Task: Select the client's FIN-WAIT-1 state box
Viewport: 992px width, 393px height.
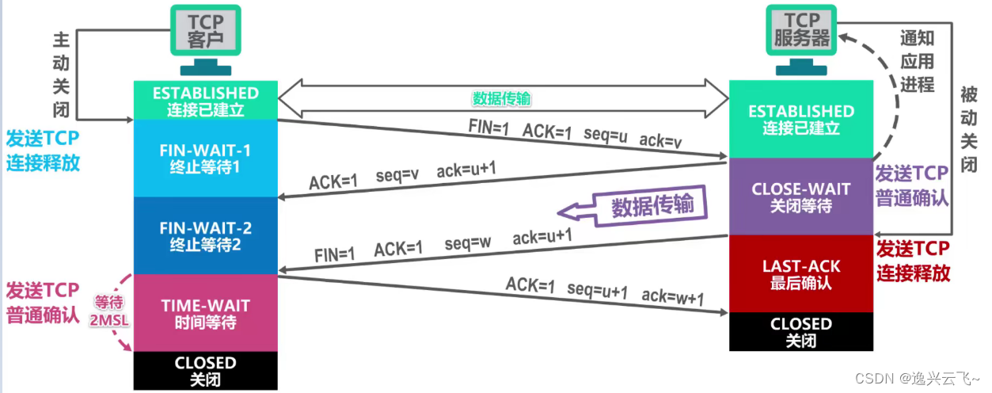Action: tap(205, 158)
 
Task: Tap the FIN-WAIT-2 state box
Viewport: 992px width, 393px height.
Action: tap(205, 235)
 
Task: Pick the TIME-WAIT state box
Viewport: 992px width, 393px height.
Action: tap(205, 313)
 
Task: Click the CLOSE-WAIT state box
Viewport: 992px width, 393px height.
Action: tap(800, 196)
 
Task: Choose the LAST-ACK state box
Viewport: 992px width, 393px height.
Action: tap(800, 273)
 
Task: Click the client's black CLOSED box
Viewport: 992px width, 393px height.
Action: tap(205, 370)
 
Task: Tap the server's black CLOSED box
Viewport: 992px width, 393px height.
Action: tap(800, 331)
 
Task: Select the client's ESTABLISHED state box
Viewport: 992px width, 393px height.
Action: tap(205, 101)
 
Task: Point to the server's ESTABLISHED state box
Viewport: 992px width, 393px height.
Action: tap(800, 119)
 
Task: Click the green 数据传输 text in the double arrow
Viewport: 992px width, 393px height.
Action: tap(502, 98)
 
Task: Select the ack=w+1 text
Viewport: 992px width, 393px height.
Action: tap(673, 297)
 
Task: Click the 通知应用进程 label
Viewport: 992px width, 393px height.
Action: tap(917, 60)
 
